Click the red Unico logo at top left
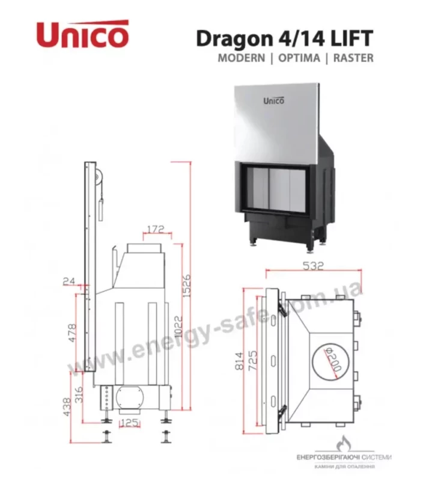[x=82, y=34]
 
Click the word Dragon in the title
[x=234, y=40]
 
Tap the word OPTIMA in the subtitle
[x=299, y=58]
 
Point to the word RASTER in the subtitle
[x=353, y=58]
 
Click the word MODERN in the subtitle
[x=242, y=58]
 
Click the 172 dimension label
[x=156, y=229]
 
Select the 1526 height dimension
[x=187, y=286]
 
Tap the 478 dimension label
[x=71, y=333]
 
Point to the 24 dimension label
[x=69, y=281]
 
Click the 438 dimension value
[x=67, y=407]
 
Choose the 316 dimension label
[x=79, y=395]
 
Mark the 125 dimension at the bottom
[x=129, y=423]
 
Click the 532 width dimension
[x=313, y=266]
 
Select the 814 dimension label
[x=240, y=361]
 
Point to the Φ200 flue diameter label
[x=333, y=359]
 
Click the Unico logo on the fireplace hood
[x=274, y=100]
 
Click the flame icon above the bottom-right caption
[x=343, y=444]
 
